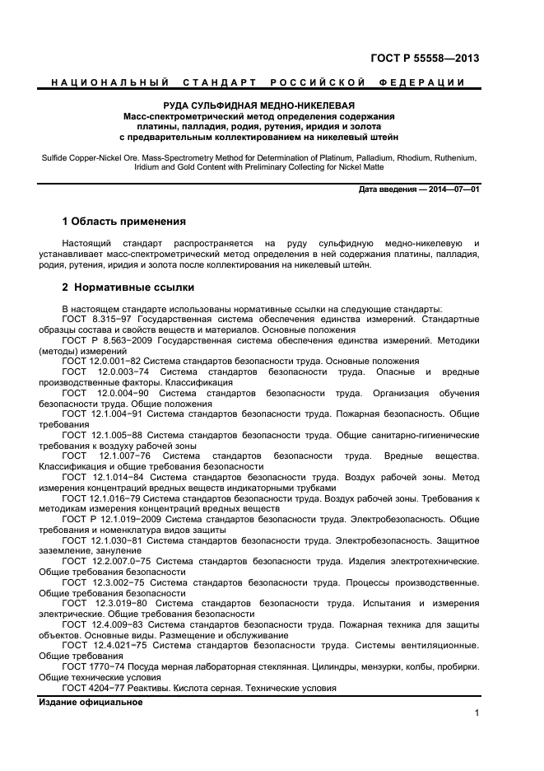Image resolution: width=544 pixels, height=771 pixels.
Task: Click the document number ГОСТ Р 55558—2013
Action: (x=425, y=58)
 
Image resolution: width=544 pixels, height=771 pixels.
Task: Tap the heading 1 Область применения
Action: (x=123, y=222)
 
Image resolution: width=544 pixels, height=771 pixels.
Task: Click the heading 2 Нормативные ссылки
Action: (x=128, y=287)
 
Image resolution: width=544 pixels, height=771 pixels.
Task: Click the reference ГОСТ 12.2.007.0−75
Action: (x=107, y=562)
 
